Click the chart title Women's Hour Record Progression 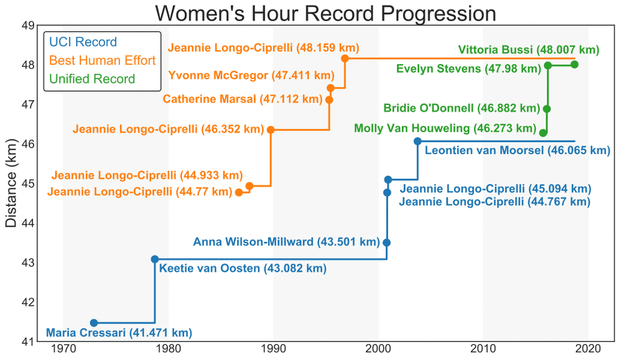[x=325, y=13]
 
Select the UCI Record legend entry [x=82, y=42]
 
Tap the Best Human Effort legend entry [x=102, y=60]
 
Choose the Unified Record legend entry [x=91, y=79]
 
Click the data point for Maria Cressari [x=94, y=323]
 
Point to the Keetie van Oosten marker [x=155, y=259]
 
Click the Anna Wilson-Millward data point [x=386, y=242]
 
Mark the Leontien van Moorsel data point [x=417, y=141]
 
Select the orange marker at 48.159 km [x=345, y=58]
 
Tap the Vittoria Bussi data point [x=574, y=65]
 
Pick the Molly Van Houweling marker [x=543, y=133]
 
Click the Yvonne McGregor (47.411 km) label [x=251, y=76]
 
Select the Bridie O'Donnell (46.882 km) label [x=462, y=109]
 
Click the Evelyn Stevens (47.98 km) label [x=468, y=69]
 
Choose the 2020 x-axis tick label [x=588, y=349]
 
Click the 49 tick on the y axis [x=27, y=25]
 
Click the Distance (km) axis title [x=11, y=183]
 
